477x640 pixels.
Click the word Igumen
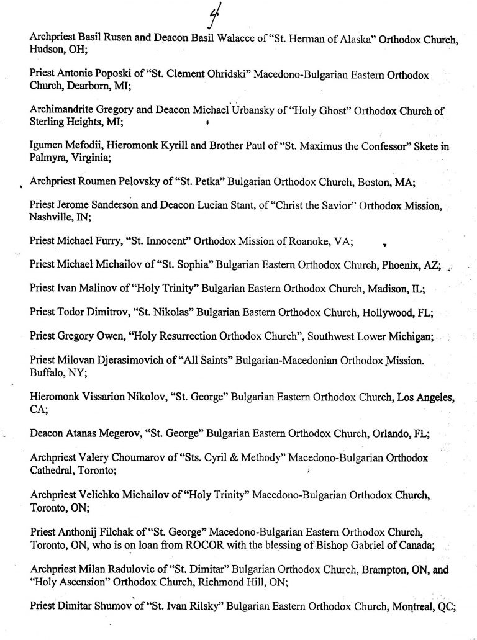tap(46, 146)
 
